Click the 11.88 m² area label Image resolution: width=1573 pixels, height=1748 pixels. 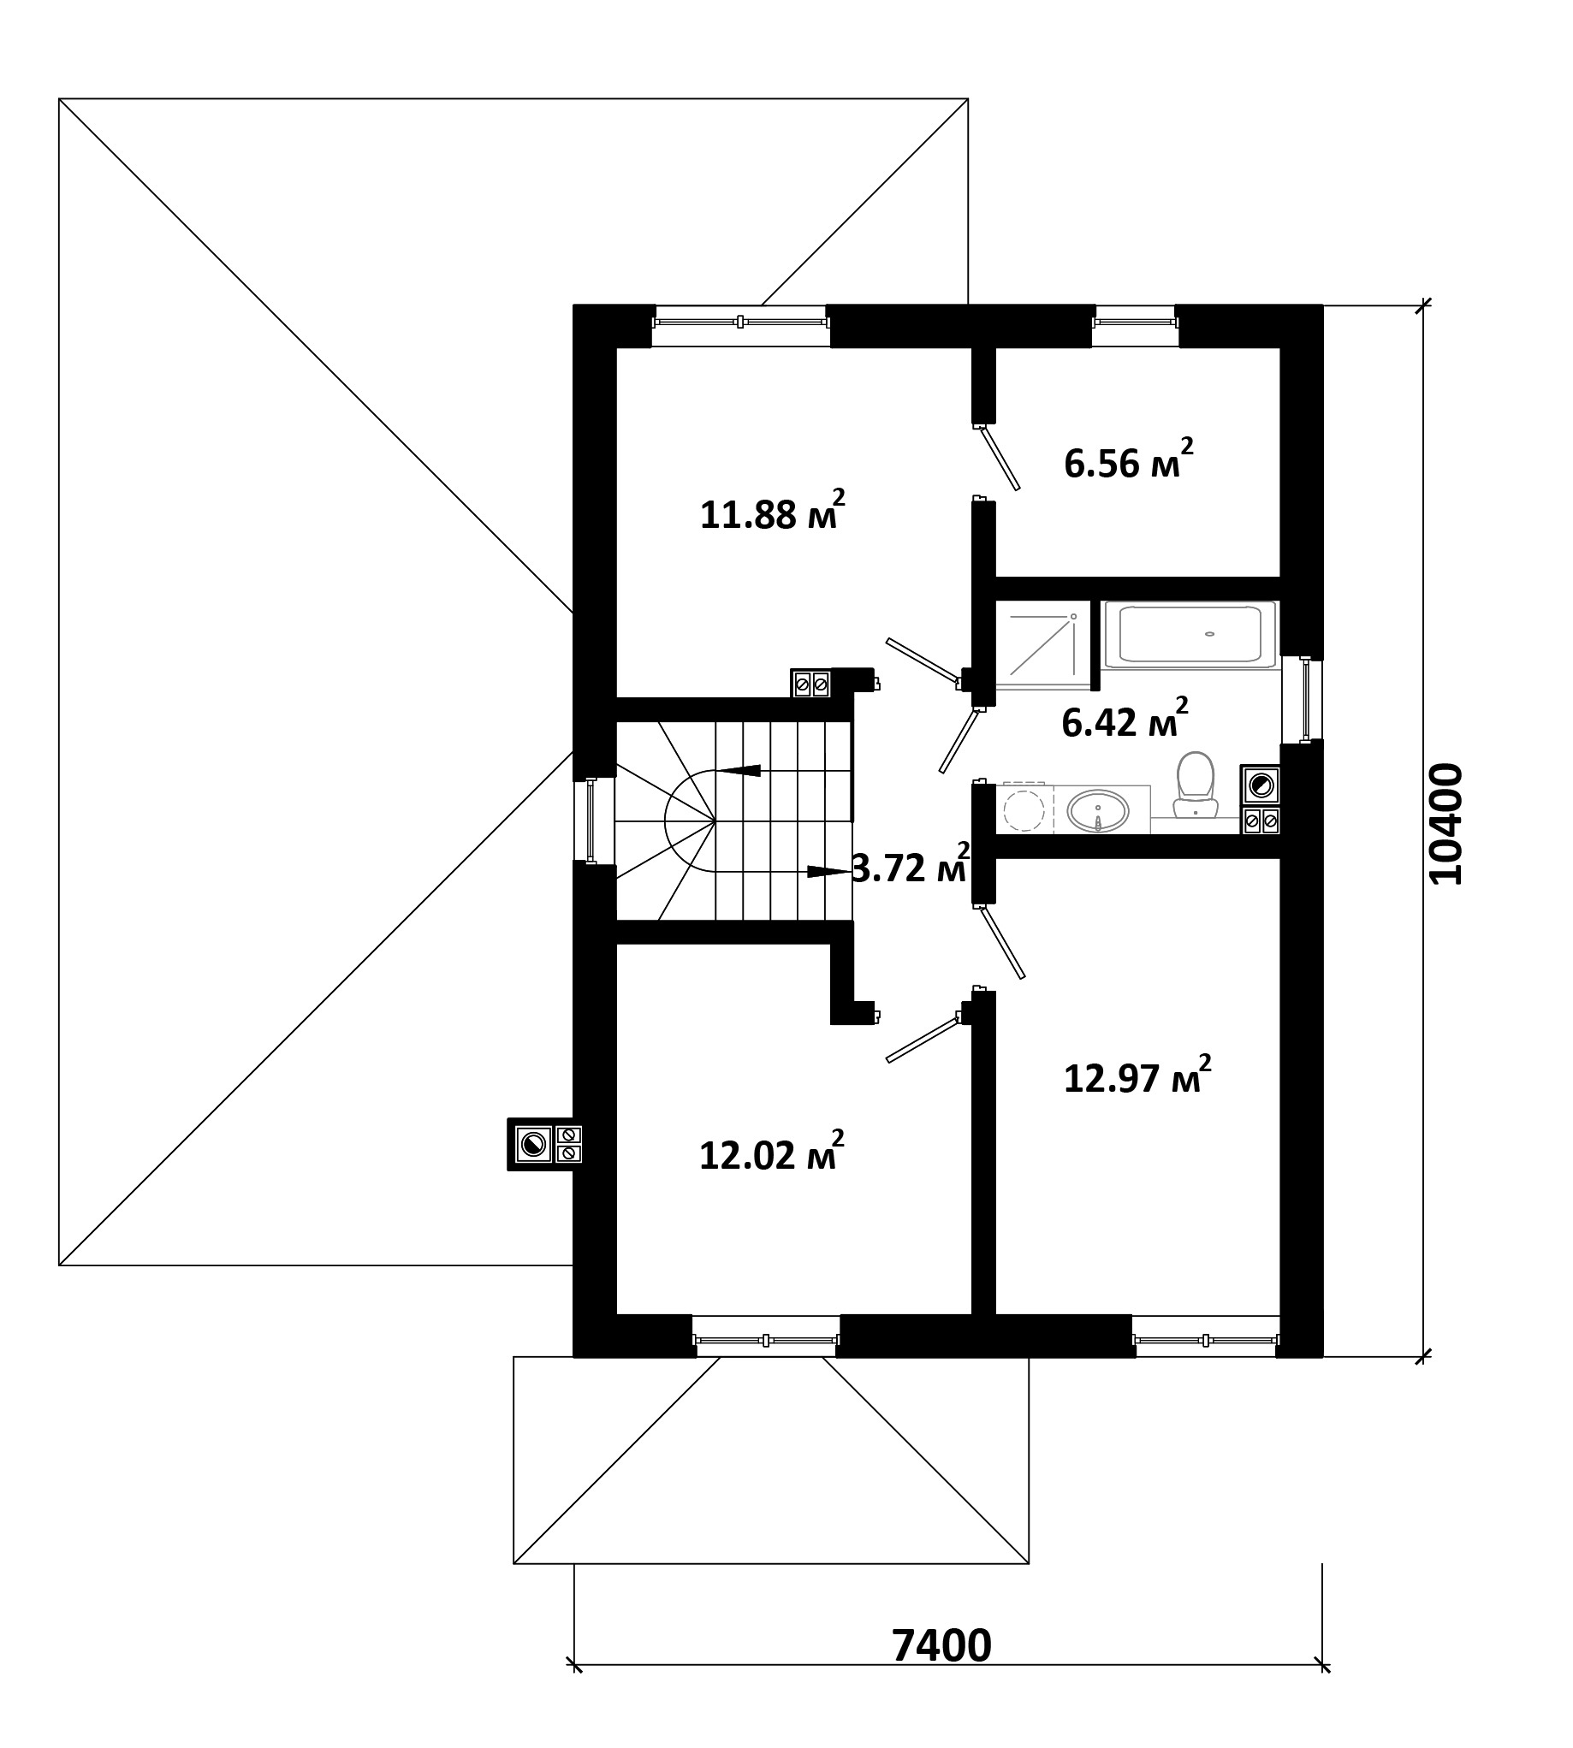[x=771, y=511]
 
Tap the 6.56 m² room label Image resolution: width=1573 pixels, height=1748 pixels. [x=1129, y=460]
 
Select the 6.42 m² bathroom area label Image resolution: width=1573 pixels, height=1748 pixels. [x=1125, y=719]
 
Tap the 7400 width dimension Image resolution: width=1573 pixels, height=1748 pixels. [x=941, y=1646]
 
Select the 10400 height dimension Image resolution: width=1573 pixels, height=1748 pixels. [x=1446, y=823]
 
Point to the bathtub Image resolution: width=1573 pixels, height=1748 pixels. [x=1190, y=635]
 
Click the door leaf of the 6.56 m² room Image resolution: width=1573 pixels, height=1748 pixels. [x=1000, y=458]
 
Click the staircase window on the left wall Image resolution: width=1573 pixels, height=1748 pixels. [x=591, y=820]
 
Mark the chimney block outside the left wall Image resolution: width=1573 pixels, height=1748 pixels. [x=544, y=1144]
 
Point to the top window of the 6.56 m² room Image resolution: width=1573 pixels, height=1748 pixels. [x=1136, y=323]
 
